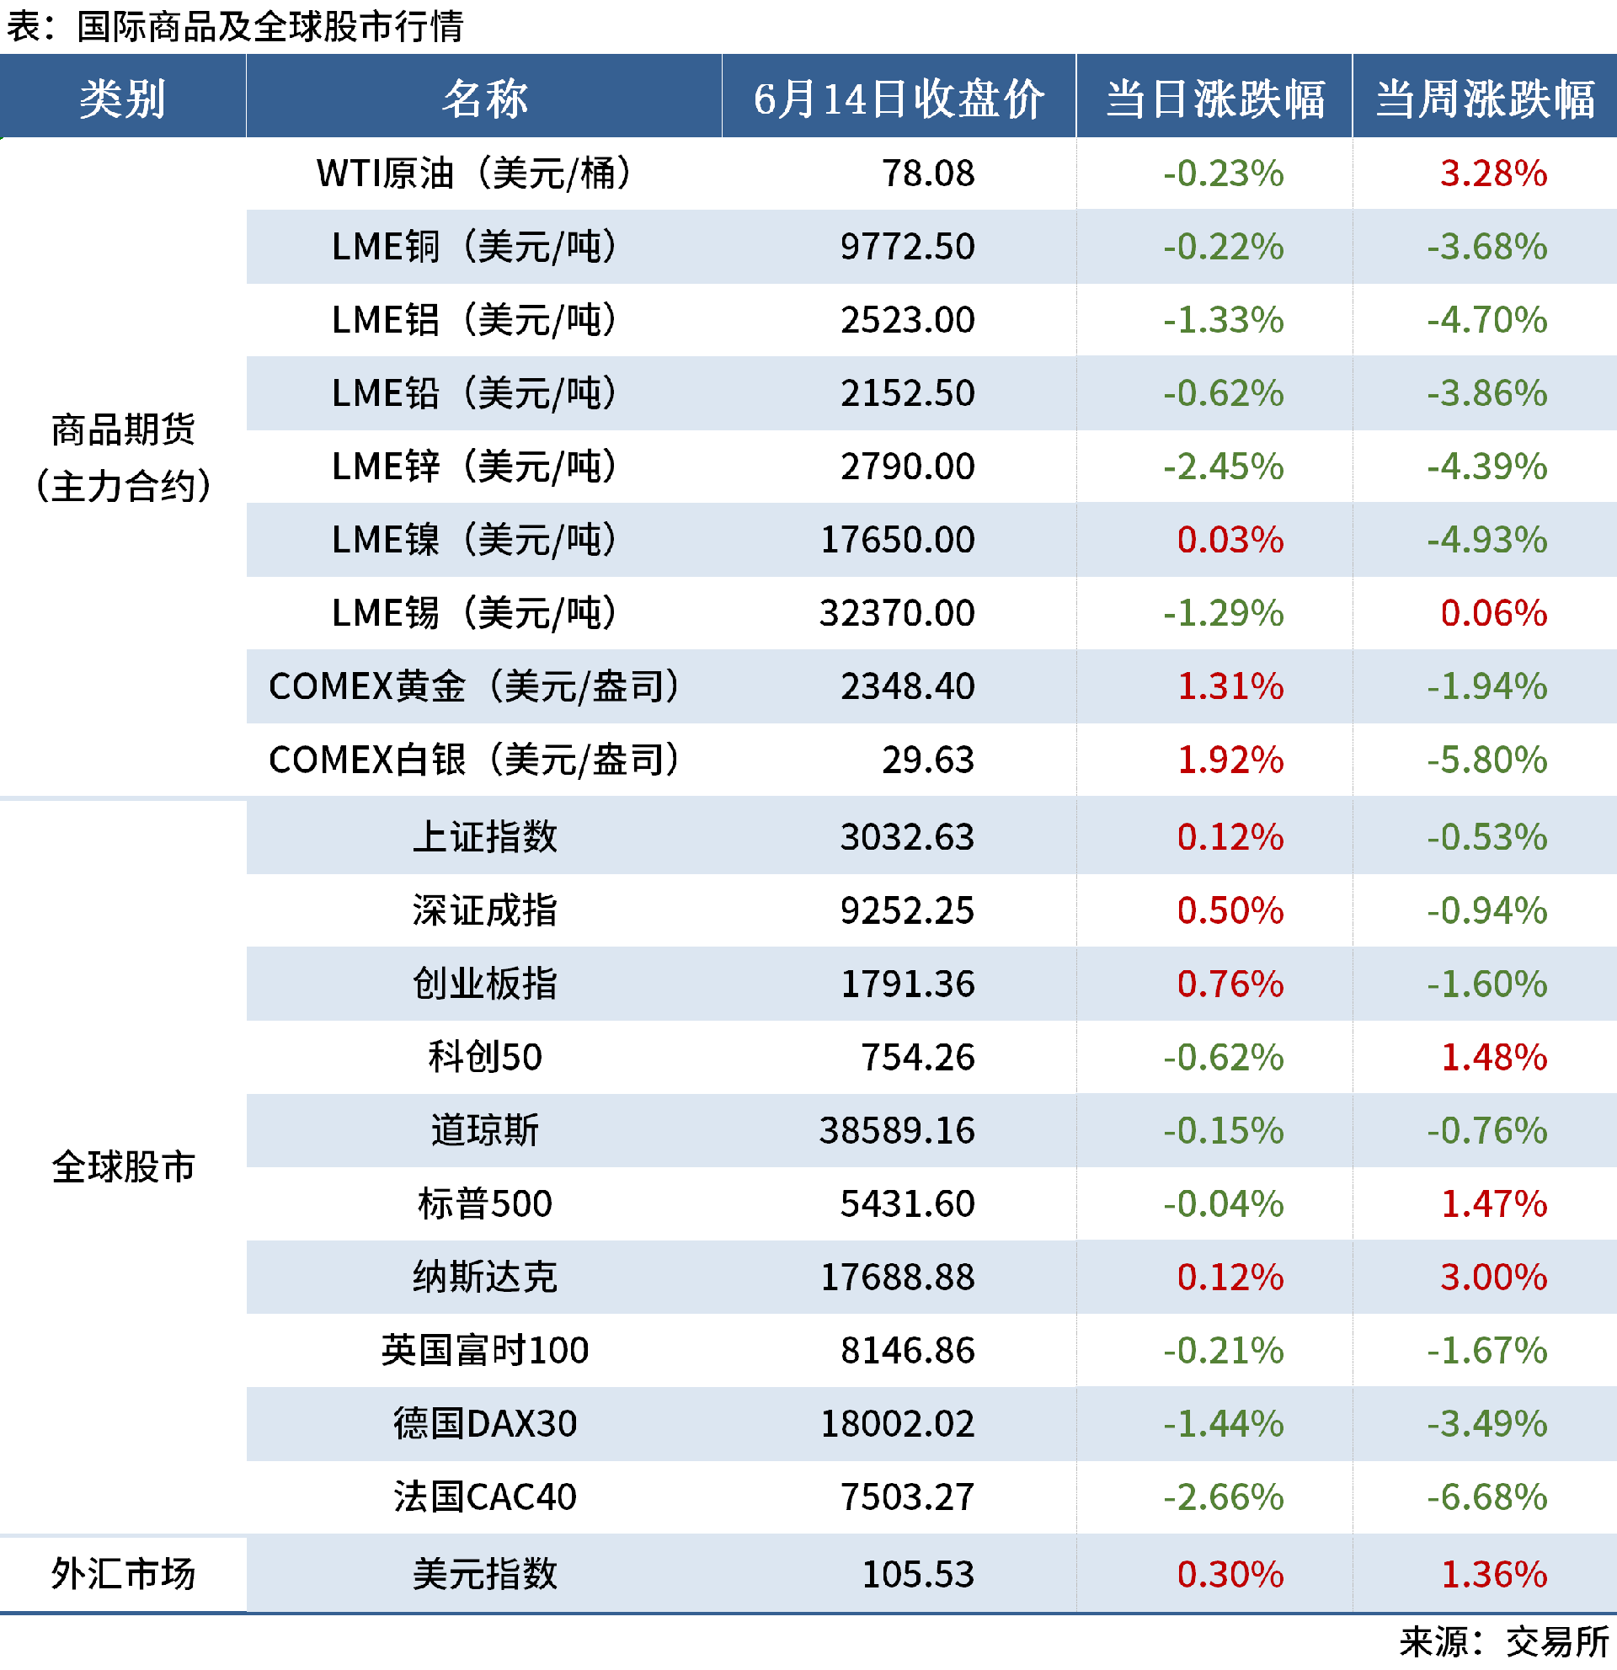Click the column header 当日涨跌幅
[x=1215, y=99]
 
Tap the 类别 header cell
[x=123, y=99]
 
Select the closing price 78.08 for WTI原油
[x=928, y=173]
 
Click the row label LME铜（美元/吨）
[x=473, y=247]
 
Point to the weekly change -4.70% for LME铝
[x=1486, y=320]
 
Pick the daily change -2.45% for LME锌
[x=1224, y=467]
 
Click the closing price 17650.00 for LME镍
[x=897, y=540]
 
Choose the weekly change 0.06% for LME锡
[x=1493, y=613]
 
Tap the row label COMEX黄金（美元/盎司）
[x=473, y=686]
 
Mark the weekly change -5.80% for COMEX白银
[x=1486, y=760]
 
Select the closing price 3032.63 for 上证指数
[x=907, y=837]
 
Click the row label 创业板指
[x=485, y=984]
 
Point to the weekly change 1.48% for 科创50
[x=1493, y=1058]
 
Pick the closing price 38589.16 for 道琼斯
[x=897, y=1131]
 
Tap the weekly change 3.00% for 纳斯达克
[x=1493, y=1278]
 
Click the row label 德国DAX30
[x=485, y=1424]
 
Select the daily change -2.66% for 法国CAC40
[x=1224, y=1497]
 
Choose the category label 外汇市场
[x=123, y=1574]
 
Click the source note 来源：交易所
[x=1503, y=1642]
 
